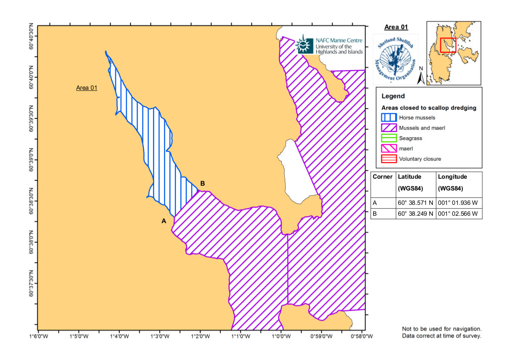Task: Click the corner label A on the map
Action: (164, 221)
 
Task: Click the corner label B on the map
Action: (202, 183)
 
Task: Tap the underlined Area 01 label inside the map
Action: (87, 88)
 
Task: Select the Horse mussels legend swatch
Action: (388, 117)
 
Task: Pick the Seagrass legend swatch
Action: (388, 138)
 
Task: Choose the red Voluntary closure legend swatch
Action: (388, 159)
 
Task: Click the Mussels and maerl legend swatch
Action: (388, 128)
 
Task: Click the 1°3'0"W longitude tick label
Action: (160, 336)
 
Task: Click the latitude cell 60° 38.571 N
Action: (415, 203)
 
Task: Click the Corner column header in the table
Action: (383, 177)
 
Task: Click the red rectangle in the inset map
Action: (448, 45)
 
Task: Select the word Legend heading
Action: (393, 96)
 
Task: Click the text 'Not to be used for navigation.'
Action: (442, 329)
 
